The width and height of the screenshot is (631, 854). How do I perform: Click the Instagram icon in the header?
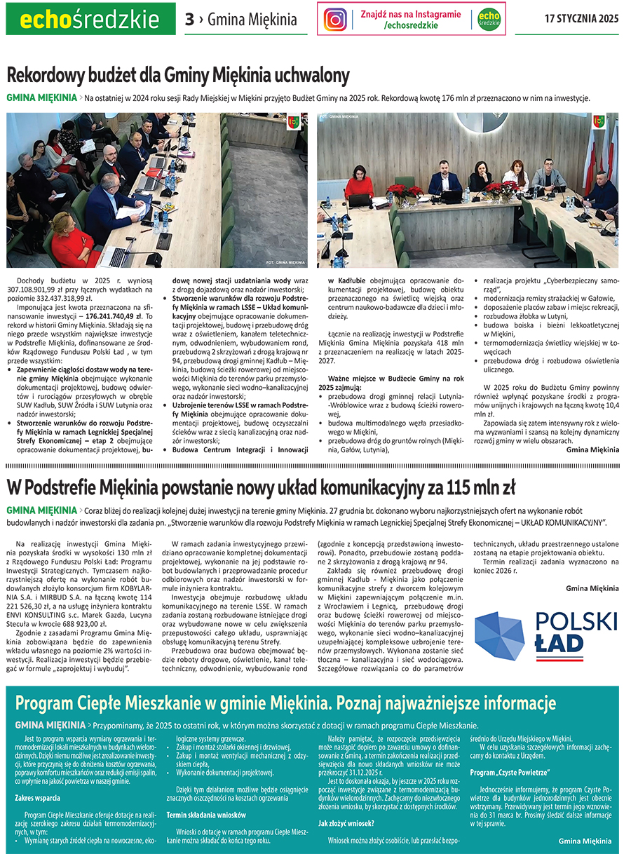click(x=335, y=19)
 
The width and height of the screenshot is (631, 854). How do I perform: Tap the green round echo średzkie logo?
click(x=489, y=19)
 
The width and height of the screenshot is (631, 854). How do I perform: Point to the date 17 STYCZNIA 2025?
click(x=581, y=19)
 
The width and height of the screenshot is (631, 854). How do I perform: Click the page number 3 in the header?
click(x=189, y=20)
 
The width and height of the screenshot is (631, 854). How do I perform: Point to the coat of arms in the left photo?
click(x=294, y=122)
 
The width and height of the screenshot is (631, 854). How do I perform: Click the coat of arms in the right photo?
click(x=599, y=122)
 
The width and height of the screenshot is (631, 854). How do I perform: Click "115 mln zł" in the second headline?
click(x=477, y=486)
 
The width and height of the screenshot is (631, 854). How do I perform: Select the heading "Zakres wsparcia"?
click(x=37, y=797)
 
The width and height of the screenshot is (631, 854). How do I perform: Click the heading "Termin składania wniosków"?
click(x=205, y=815)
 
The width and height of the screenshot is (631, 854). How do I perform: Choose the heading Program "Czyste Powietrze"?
click(x=509, y=772)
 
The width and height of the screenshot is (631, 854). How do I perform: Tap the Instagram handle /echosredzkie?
click(x=412, y=25)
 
